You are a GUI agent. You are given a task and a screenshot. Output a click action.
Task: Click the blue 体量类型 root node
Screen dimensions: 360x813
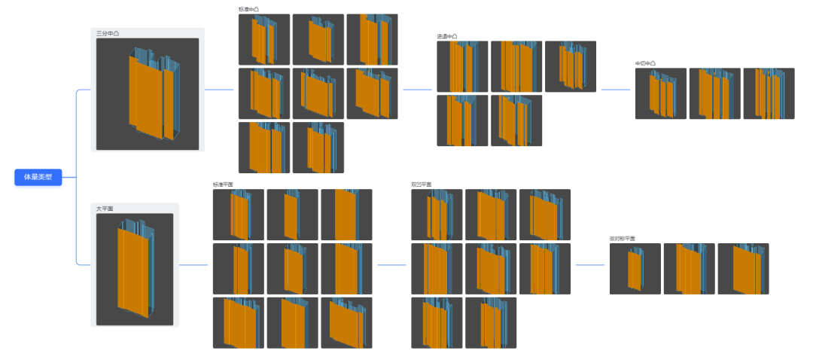coord(38,178)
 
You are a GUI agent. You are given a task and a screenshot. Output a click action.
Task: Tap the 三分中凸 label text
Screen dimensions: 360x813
coord(108,33)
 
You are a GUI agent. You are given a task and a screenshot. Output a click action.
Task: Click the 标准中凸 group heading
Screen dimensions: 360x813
coord(249,9)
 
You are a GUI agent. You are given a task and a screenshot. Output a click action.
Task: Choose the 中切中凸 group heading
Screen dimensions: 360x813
coord(646,63)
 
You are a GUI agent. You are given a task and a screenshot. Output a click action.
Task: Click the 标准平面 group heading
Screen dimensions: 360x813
coord(224,185)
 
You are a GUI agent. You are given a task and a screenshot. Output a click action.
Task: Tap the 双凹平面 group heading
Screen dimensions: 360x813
coord(422,185)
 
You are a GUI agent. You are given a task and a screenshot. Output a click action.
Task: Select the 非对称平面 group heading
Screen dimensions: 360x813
coord(623,239)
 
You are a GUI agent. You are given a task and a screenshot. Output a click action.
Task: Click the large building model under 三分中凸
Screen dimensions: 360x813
coord(148,93)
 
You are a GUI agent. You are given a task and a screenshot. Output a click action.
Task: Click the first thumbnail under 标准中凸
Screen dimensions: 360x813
coord(264,39)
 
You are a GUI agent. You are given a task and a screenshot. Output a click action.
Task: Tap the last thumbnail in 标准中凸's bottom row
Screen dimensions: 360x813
coord(318,148)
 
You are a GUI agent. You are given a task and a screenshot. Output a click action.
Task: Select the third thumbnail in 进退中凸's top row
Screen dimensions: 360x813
coord(571,66)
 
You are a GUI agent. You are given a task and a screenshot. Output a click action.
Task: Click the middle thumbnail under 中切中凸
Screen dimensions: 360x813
coord(715,93)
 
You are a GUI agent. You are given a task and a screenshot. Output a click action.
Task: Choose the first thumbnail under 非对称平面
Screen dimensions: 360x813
coord(635,269)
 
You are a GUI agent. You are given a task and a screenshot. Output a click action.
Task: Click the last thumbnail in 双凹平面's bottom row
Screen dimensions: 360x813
coord(491,323)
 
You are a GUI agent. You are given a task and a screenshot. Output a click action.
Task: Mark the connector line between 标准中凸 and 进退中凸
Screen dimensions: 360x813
coord(418,90)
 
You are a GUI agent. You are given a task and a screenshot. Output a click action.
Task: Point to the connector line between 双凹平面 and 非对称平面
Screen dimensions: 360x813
coord(589,265)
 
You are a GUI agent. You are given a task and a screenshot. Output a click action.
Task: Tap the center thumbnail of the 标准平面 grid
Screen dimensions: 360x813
coord(293,269)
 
